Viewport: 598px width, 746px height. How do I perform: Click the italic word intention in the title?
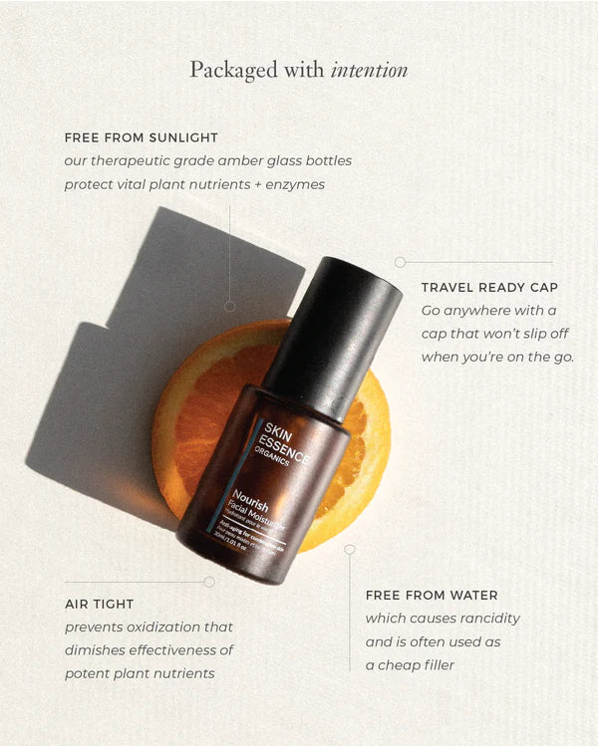(x=370, y=71)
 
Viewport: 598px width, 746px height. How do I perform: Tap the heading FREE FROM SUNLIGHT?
(x=141, y=137)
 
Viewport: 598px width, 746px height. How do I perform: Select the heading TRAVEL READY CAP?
(x=489, y=288)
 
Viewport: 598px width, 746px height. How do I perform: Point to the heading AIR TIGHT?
(x=99, y=604)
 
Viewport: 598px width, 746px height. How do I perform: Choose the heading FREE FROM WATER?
(x=432, y=596)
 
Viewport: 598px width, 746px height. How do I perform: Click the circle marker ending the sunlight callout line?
(x=230, y=306)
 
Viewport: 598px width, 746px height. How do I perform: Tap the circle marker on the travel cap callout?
(x=400, y=262)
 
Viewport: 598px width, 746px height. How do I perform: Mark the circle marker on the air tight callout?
(x=208, y=582)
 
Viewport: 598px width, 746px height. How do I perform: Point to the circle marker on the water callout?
(x=350, y=549)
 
